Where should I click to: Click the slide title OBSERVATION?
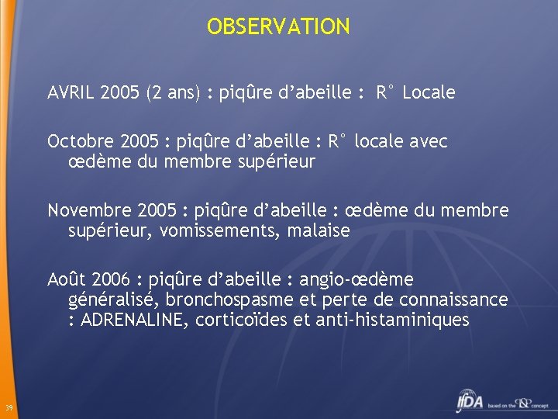278,27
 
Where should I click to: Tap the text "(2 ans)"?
176,93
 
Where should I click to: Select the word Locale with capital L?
429,93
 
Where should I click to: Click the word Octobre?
81,142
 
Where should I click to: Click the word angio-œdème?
356,279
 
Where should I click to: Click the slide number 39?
7,409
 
